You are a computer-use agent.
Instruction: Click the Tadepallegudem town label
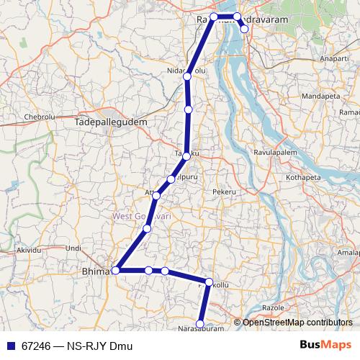pos(110,123)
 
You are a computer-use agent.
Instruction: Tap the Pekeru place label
pos(225,192)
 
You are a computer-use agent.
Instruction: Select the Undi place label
pos(73,248)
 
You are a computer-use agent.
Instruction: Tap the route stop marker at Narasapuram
pos(200,325)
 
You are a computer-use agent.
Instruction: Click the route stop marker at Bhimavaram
pos(115,271)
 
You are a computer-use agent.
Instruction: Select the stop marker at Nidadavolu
pos(187,76)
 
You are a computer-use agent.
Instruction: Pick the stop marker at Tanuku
pos(186,156)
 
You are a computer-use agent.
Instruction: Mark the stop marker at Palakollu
pos(209,282)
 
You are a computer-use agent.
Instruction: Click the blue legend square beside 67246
pos(11,346)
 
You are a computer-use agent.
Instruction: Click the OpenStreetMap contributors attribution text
pos(297,323)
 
